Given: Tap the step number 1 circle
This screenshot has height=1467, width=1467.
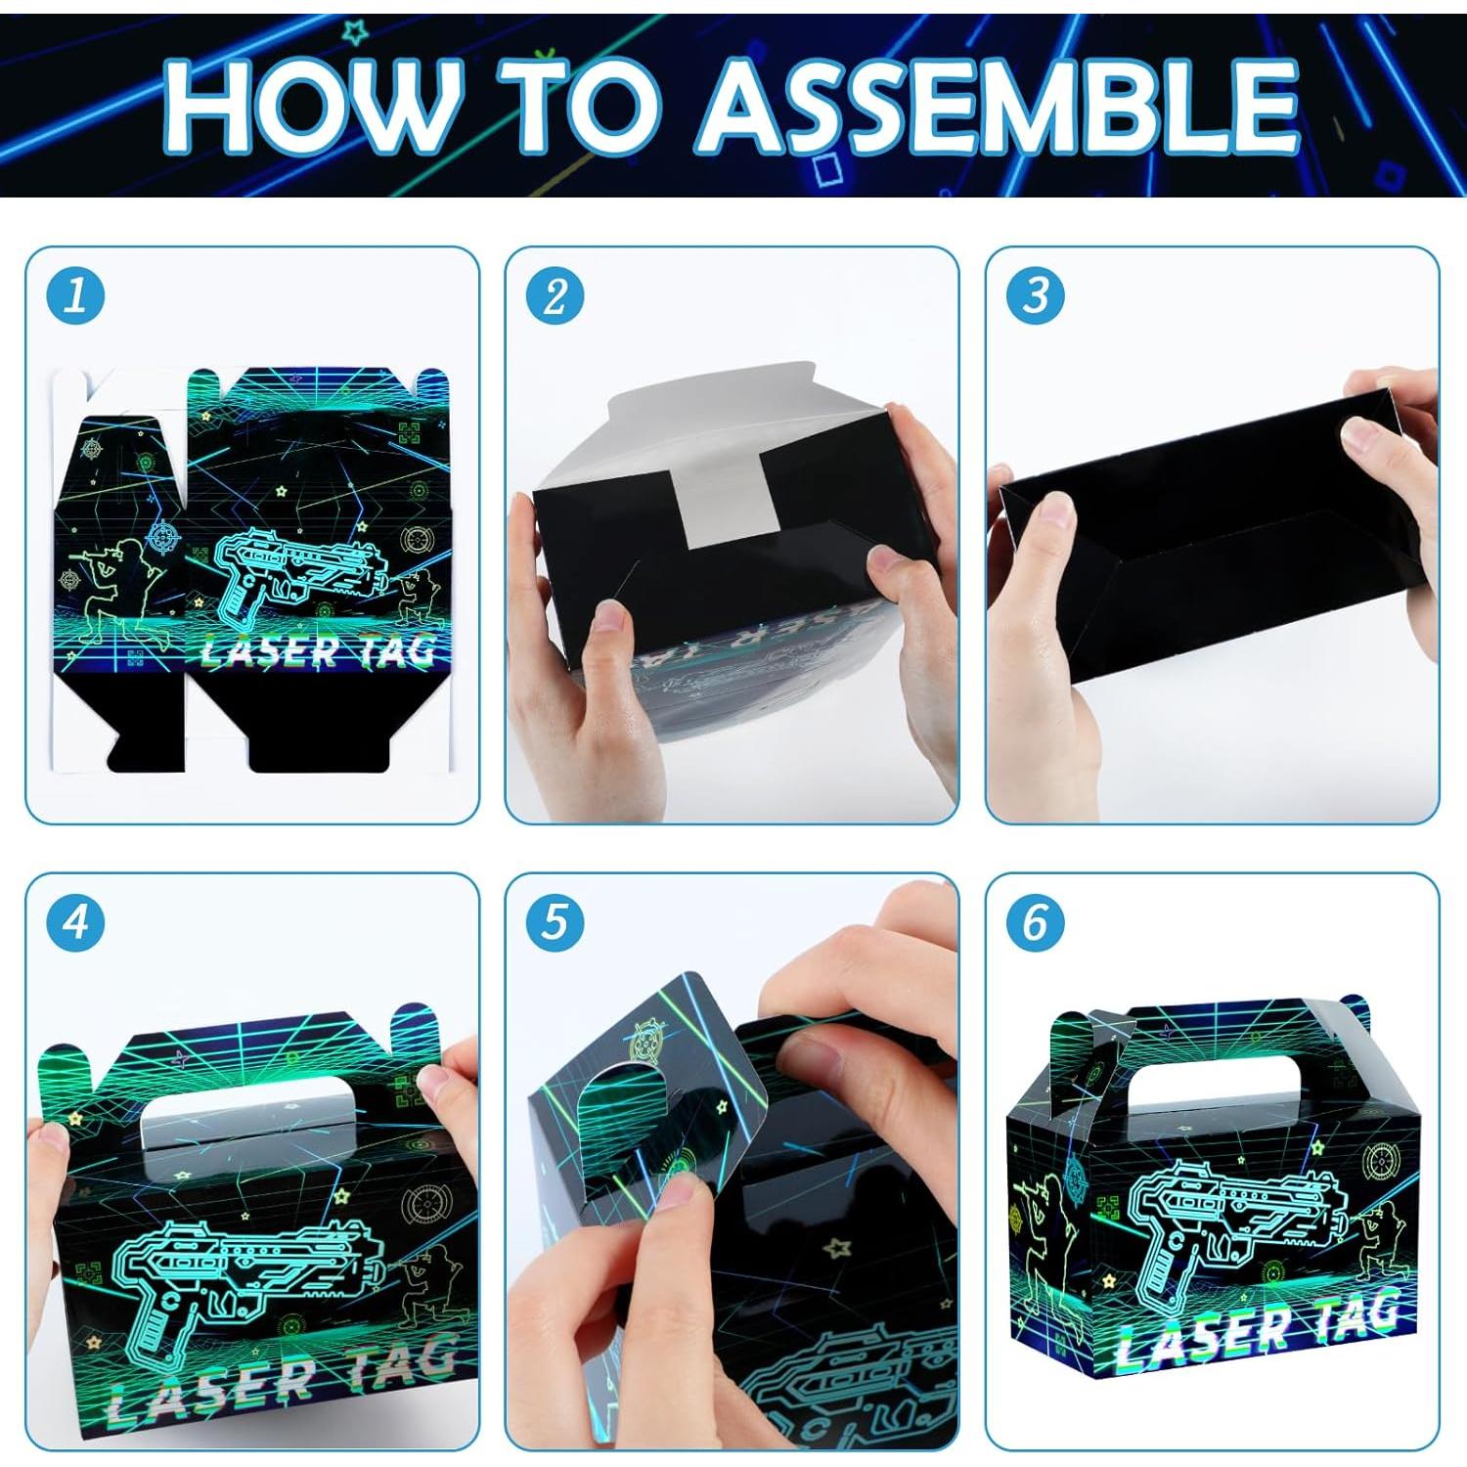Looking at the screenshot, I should pos(75,295).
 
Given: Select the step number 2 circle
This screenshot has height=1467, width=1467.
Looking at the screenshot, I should pos(555,295).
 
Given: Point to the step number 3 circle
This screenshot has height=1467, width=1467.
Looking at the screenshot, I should pos(1035,295).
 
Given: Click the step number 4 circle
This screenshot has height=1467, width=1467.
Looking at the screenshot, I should pos(75,921).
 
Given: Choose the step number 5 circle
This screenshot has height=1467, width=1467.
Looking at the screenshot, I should pos(555,921).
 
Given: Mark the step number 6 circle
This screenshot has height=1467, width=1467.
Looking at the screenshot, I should pos(1035,921).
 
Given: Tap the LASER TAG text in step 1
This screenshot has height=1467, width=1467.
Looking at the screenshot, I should pos(318,650).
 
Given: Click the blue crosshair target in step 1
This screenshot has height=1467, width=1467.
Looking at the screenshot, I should pos(163,537).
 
